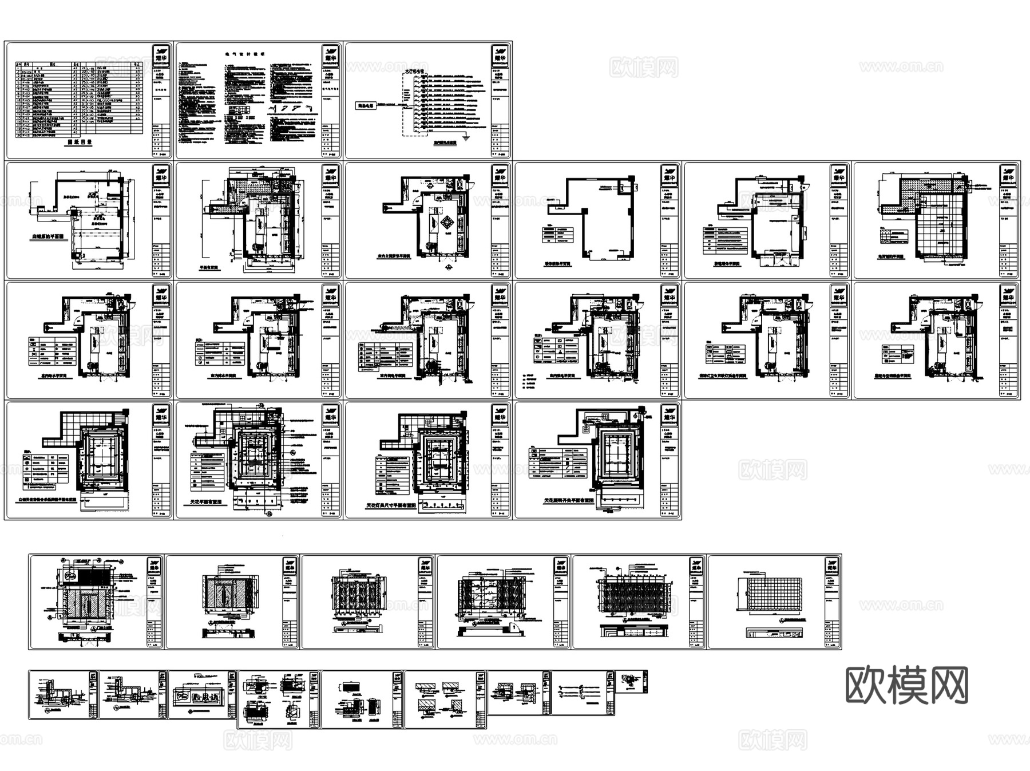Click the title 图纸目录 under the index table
(x=80, y=143)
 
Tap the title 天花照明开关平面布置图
(x=568, y=500)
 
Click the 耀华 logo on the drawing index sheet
(x=161, y=54)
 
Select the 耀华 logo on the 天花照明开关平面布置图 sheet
(x=669, y=414)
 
